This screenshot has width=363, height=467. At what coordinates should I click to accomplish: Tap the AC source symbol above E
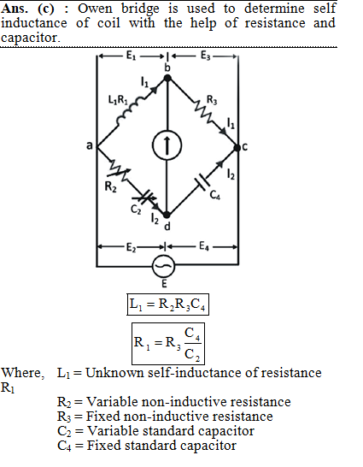[x=163, y=266]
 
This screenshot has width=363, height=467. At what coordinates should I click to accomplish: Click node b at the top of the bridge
[x=167, y=79]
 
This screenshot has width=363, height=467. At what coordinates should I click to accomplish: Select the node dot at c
[x=237, y=147]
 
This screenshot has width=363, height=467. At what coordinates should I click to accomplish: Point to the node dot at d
[x=167, y=215]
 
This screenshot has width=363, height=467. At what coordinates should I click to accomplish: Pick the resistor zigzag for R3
[x=204, y=111]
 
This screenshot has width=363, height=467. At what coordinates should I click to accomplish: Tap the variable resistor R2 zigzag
[x=120, y=172]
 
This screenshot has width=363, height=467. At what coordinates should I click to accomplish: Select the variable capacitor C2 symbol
[x=145, y=197]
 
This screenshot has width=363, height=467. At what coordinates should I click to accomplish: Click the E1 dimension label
[x=132, y=55]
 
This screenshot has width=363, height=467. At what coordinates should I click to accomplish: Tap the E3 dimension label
[x=206, y=55]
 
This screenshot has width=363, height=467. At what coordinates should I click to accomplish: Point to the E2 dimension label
[x=132, y=247]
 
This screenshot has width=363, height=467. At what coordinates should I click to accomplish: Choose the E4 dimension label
[x=204, y=246]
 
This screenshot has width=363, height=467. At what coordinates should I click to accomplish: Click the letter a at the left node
[x=89, y=146]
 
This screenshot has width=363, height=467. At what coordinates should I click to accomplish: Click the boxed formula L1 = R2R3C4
[x=168, y=304]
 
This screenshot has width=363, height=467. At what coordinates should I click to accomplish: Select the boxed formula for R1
[x=168, y=343]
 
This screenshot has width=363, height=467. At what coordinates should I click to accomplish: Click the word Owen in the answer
[x=95, y=9]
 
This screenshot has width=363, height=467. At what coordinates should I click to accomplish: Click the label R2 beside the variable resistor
[x=110, y=186]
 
